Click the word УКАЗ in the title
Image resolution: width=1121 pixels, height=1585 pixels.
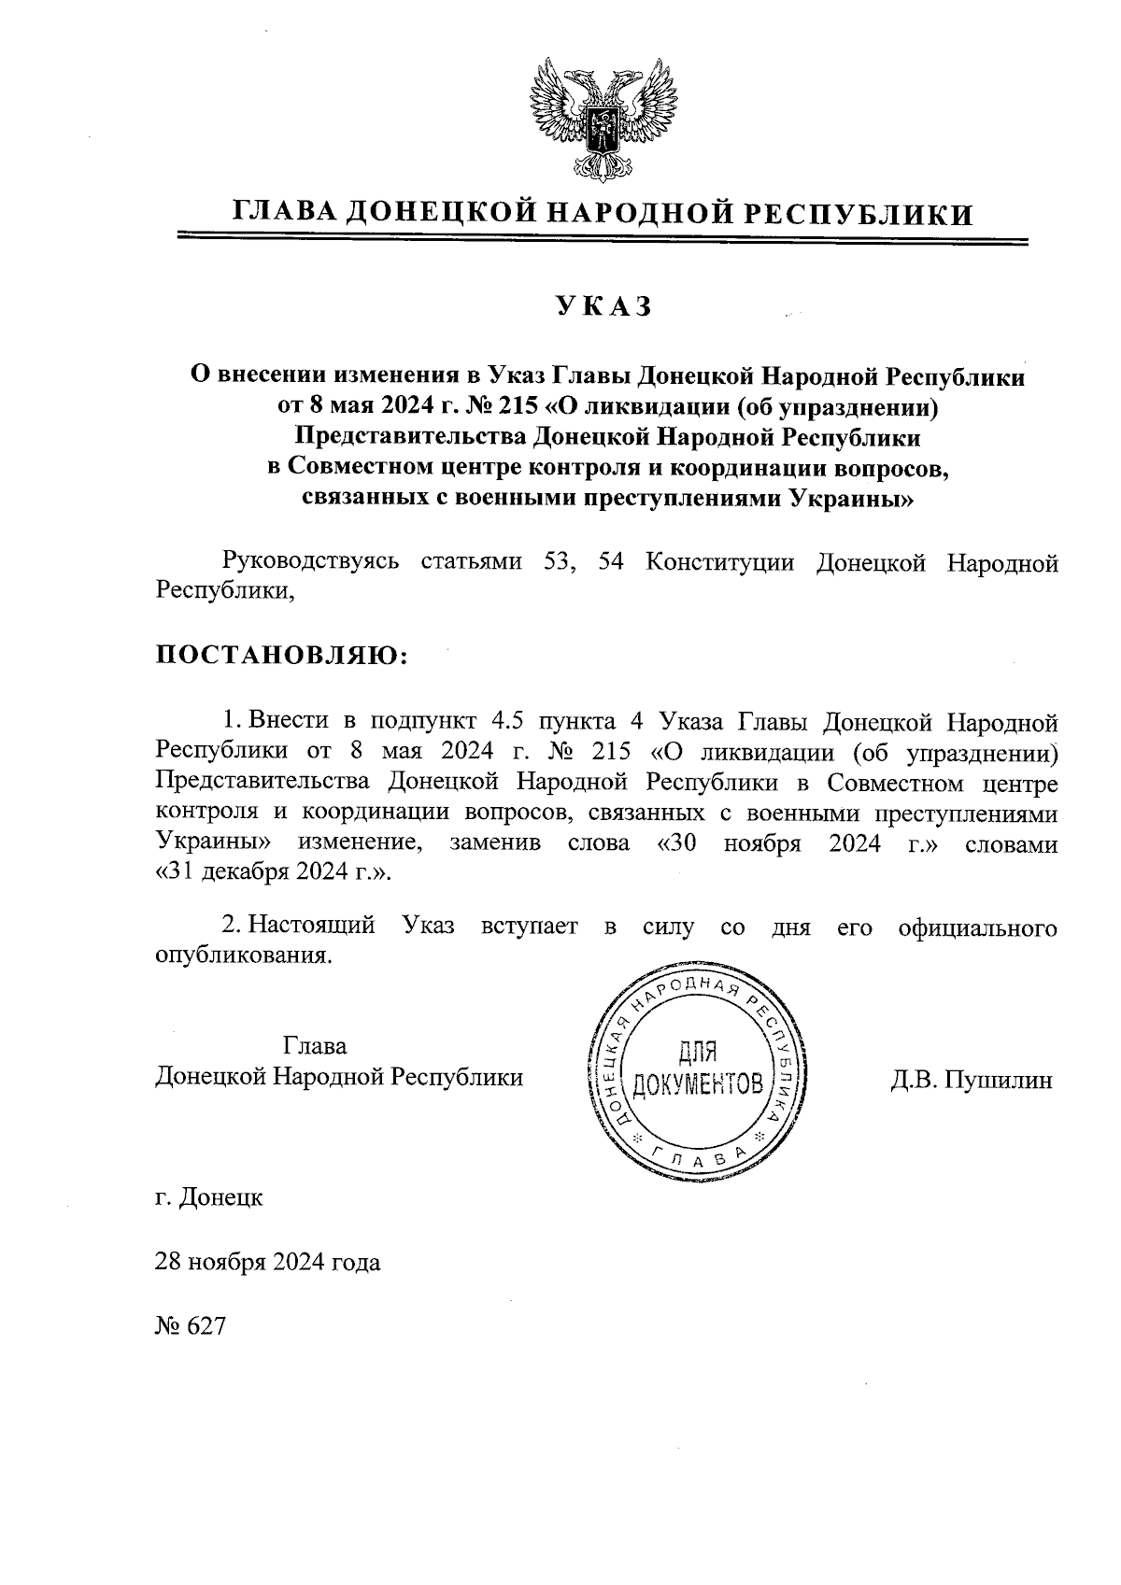(604, 307)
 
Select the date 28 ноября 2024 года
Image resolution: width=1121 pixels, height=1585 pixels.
(268, 1262)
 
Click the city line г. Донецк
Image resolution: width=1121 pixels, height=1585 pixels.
(209, 1196)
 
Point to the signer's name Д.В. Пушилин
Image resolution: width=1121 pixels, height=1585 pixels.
(972, 1080)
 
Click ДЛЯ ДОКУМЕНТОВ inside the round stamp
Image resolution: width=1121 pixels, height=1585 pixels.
(698, 1069)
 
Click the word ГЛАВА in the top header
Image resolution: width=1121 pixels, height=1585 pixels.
(284, 215)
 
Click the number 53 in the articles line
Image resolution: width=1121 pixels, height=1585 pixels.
(558, 562)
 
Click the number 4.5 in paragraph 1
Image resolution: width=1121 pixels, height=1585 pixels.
(508, 721)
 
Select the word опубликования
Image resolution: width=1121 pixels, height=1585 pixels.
(244, 956)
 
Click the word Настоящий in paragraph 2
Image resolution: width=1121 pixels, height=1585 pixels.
(313, 927)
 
